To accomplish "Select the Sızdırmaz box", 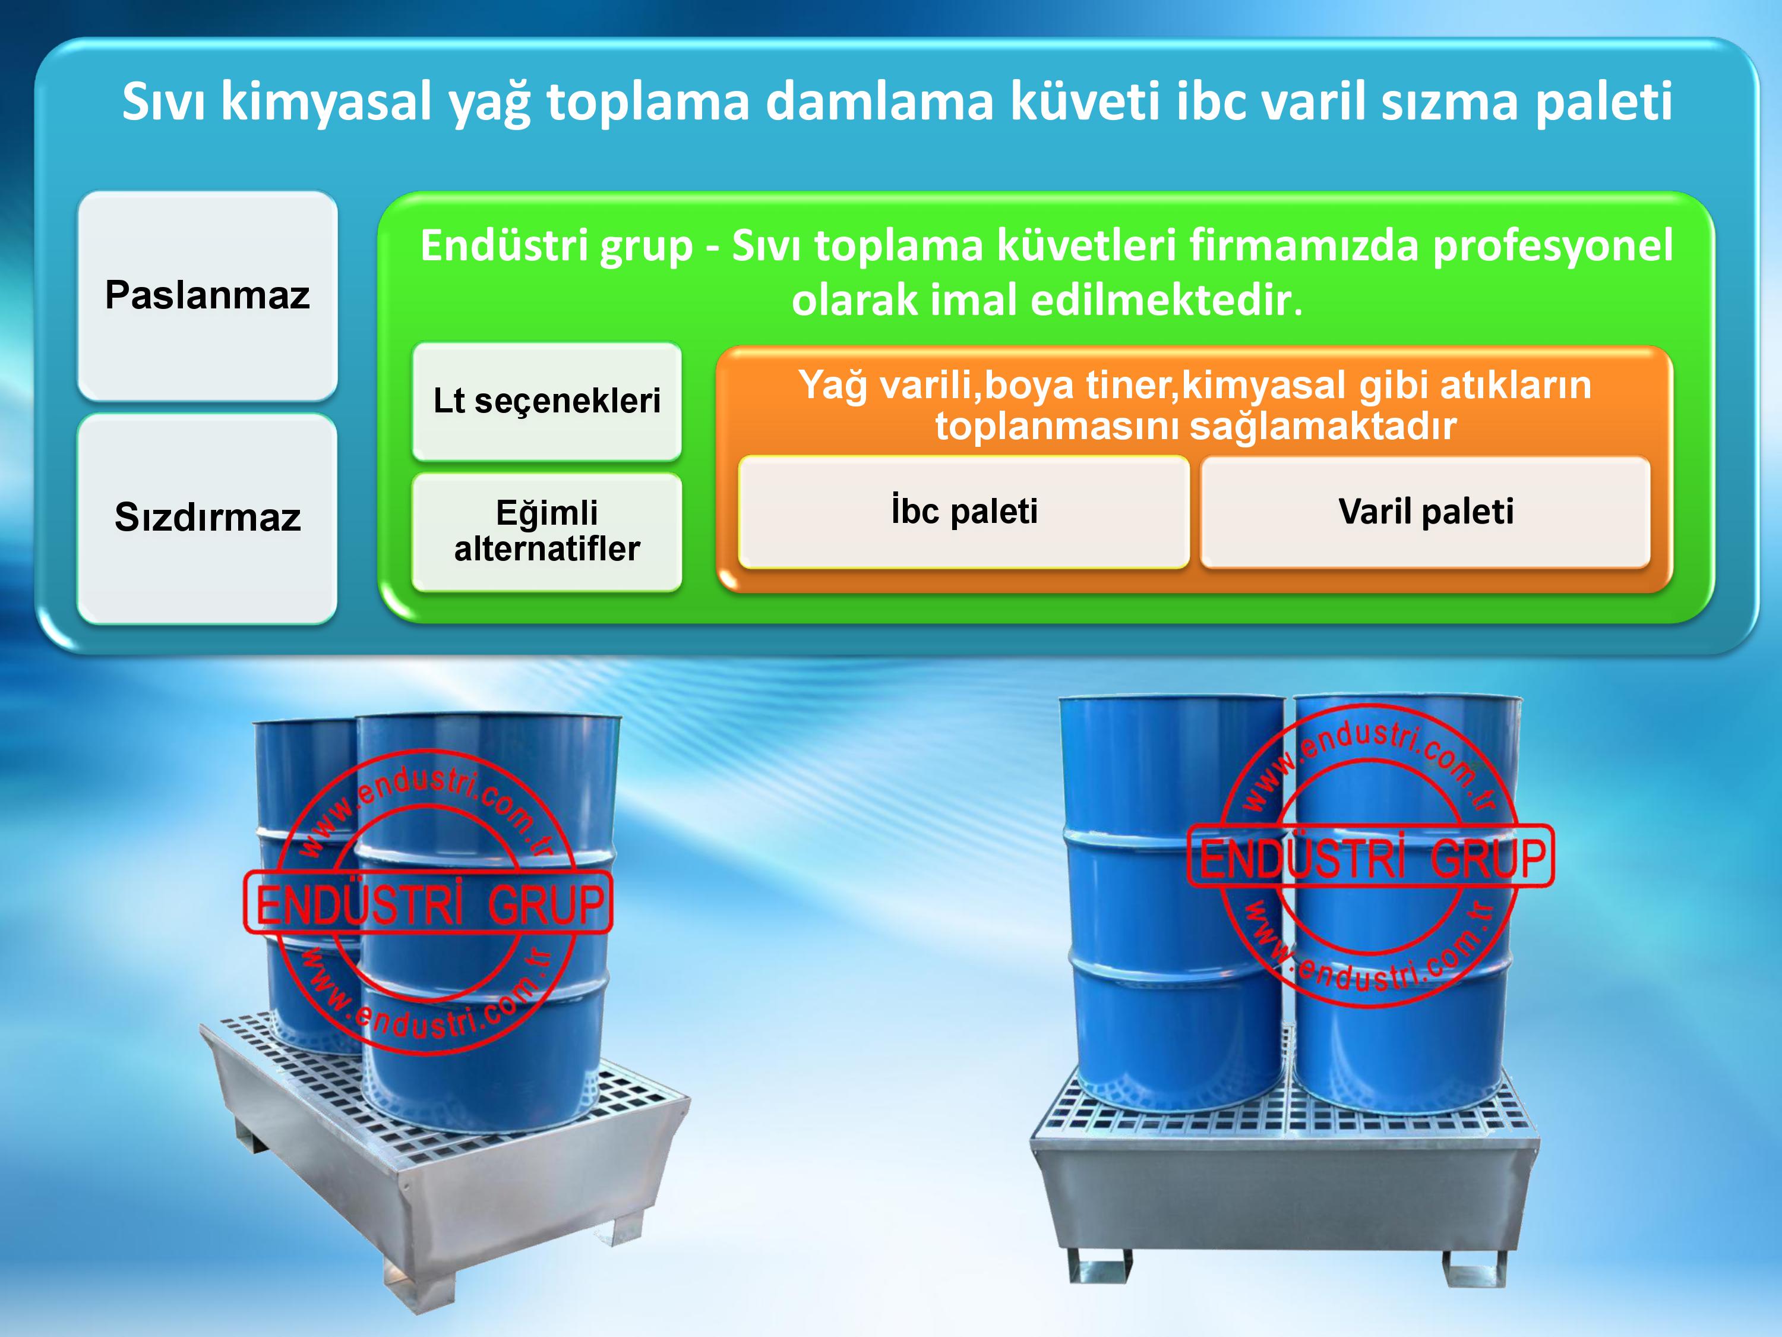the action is (x=207, y=518).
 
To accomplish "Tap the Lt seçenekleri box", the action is (x=547, y=401).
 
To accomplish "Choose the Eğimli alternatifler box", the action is (x=547, y=532).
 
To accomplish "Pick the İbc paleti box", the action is (x=963, y=512).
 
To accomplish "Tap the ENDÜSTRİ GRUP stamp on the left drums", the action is (x=428, y=903).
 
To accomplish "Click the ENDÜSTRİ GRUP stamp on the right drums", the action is (x=1371, y=856).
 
